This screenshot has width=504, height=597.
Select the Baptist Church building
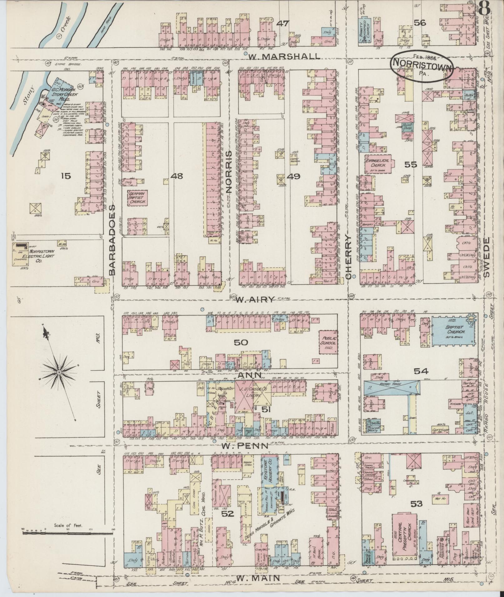[452, 331]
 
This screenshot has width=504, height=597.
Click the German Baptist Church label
[137, 198]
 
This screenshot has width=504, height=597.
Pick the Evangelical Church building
[378, 163]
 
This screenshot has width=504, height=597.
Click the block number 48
[177, 176]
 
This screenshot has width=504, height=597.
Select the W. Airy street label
[255, 299]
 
